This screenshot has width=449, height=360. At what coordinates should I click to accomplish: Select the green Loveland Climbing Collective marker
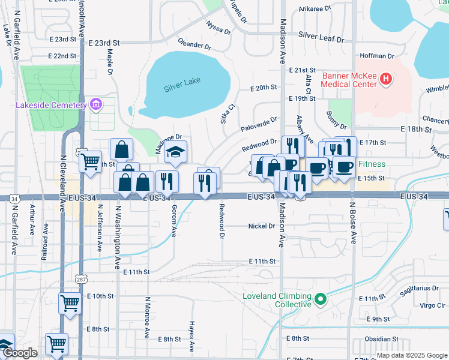point(320,298)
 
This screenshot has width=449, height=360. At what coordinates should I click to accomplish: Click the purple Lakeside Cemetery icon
point(95,106)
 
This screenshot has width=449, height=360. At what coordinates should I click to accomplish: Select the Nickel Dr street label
point(261,226)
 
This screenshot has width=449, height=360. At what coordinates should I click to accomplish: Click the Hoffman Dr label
point(374,56)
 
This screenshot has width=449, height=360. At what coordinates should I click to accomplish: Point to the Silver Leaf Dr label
point(321,38)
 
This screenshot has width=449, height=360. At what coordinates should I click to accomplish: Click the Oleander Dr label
point(194,44)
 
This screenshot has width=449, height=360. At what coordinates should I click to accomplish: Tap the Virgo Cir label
point(432,305)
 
